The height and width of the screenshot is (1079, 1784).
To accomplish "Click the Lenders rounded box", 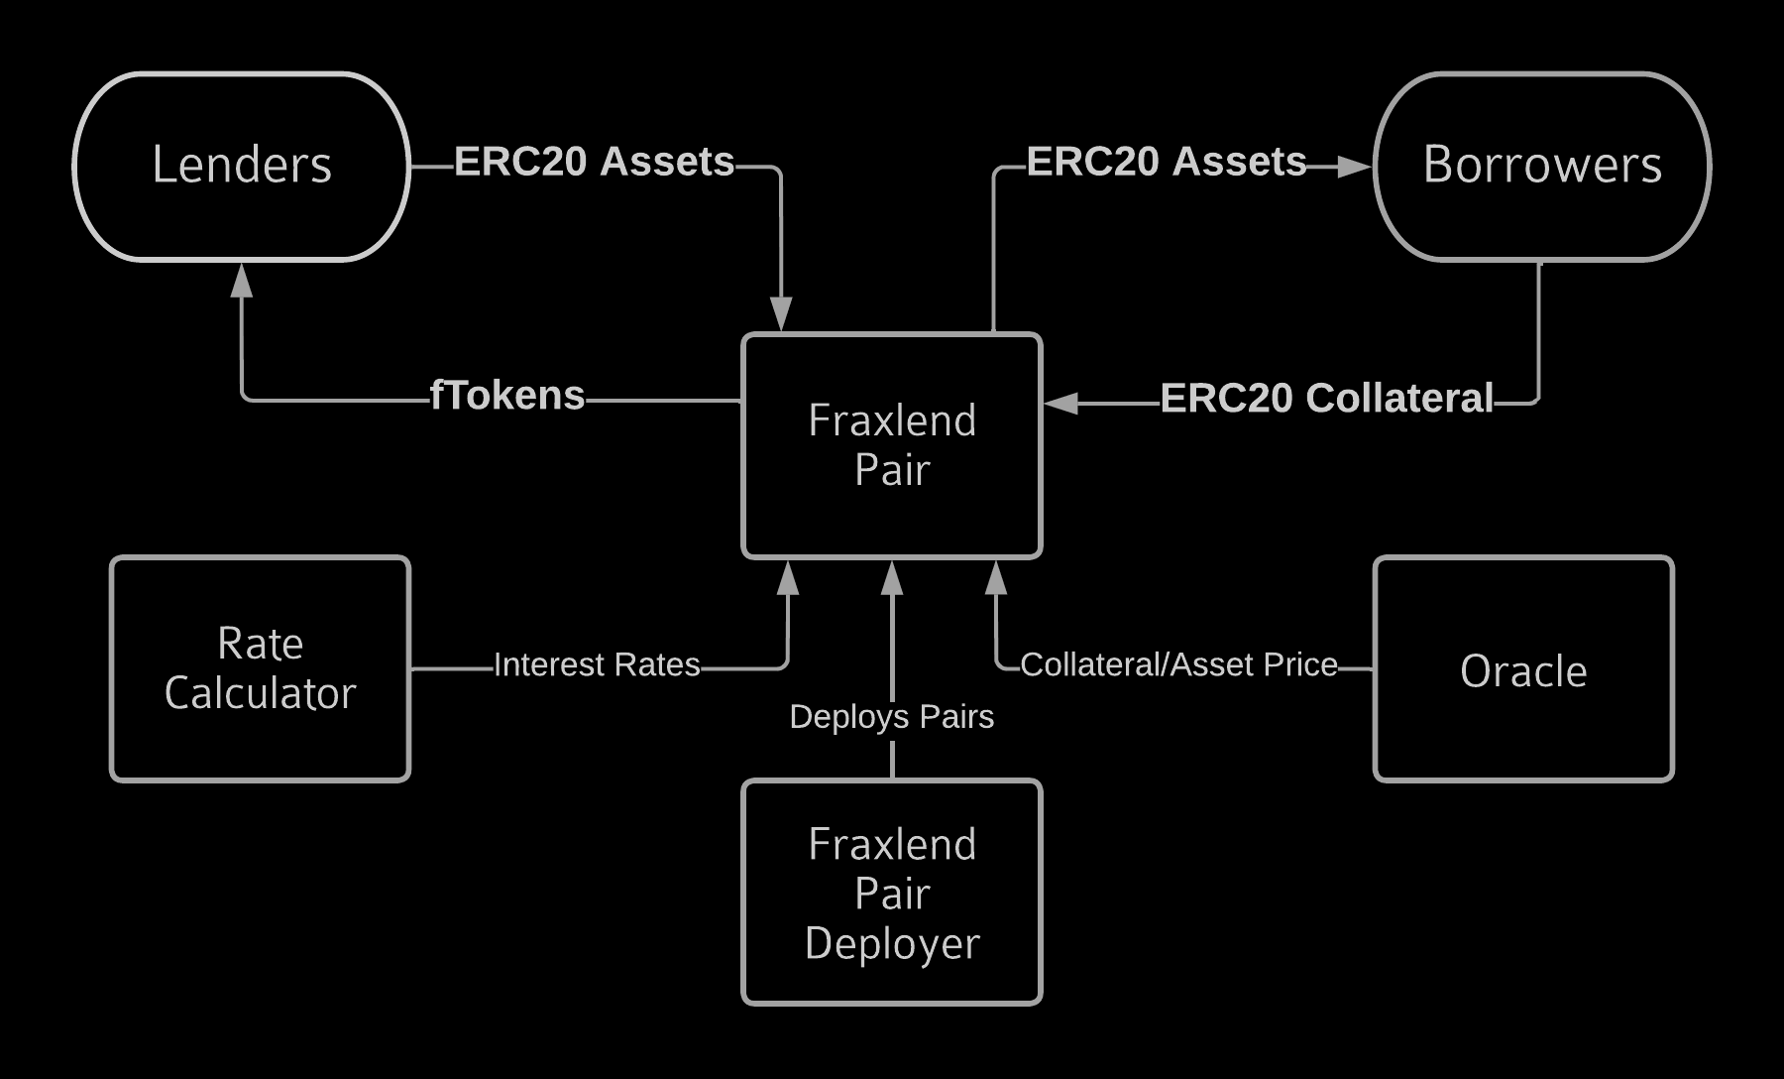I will (x=242, y=166).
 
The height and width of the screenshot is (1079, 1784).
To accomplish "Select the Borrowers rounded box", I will (x=1542, y=166).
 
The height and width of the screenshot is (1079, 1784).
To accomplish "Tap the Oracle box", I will (x=1523, y=670).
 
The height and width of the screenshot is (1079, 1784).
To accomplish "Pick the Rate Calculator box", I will (x=260, y=668).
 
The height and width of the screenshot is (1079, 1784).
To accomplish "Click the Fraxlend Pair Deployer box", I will (x=892, y=893).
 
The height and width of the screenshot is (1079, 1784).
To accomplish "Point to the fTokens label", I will (x=507, y=396).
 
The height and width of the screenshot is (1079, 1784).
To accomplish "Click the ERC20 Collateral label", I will (x=1326, y=399).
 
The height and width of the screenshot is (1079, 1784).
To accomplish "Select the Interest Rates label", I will (x=597, y=664).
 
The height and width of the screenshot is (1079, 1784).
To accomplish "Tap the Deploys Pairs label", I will (x=891, y=716).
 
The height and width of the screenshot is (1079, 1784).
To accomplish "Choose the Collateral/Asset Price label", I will (x=1178, y=664).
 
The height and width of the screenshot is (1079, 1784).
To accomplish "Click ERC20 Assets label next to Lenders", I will (x=595, y=162).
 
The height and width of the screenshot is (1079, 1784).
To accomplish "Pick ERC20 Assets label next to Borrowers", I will (x=1167, y=162).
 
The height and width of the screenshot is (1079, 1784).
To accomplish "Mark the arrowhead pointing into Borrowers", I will (x=1354, y=167).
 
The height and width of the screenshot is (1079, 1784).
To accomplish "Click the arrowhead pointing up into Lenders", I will (x=242, y=281).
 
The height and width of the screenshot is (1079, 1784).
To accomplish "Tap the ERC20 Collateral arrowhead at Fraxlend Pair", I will (x=1061, y=403).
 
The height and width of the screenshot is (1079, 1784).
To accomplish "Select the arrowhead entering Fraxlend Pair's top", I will (x=782, y=313).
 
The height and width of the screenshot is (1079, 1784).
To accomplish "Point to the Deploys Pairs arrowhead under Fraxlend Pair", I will (x=892, y=578).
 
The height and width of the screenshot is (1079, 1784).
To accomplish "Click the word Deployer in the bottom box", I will (x=892, y=943).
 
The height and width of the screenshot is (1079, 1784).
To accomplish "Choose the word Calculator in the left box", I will (x=260, y=693).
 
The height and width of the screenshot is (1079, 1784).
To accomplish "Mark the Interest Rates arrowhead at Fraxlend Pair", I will (x=788, y=578).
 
